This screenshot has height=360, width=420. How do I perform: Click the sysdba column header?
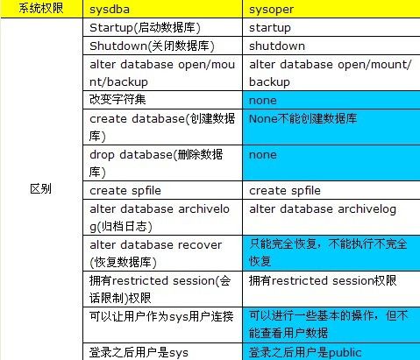pyautogui.click(x=162, y=9)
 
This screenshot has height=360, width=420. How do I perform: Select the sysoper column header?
pyautogui.click(x=331, y=9)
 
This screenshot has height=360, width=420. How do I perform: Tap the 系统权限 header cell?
pyautogui.click(x=41, y=9)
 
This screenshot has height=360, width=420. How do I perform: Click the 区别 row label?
pyautogui.click(x=41, y=189)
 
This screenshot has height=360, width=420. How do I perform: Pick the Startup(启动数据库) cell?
pyautogui.click(x=162, y=28)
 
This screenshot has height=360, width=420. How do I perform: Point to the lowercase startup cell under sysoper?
pyautogui.click(x=331, y=28)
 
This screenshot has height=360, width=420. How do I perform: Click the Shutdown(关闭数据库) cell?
pyautogui.click(x=162, y=46)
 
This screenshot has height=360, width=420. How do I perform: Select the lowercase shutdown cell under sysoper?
pyautogui.click(x=331, y=46)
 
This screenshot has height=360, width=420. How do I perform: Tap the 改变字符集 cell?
pyautogui.click(x=162, y=100)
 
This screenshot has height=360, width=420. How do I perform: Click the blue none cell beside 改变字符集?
pyautogui.click(x=331, y=100)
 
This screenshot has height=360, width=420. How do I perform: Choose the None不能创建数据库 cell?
pyautogui.click(x=331, y=127)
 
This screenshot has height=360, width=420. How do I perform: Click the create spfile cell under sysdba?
pyautogui.click(x=162, y=190)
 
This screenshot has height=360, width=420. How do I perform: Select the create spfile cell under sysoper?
pyautogui.click(x=331, y=190)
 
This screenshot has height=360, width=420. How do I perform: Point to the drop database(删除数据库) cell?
pyautogui.click(x=162, y=163)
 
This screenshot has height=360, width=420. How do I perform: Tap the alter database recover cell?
pyautogui.click(x=162, y=253)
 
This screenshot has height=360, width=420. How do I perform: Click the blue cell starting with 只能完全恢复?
pyautogui.click(x=331, y=253)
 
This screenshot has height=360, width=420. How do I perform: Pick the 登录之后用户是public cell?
pyautogui.click(x=331, y=352)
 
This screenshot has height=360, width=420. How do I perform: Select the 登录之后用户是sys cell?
pyautogui.click(x=162, y=352)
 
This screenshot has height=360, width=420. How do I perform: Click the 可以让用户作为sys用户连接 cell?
pyautogui.click(x=162, y=325)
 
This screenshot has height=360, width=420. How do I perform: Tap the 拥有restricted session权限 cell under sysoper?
pyautogui.click(x=331, y=289)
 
